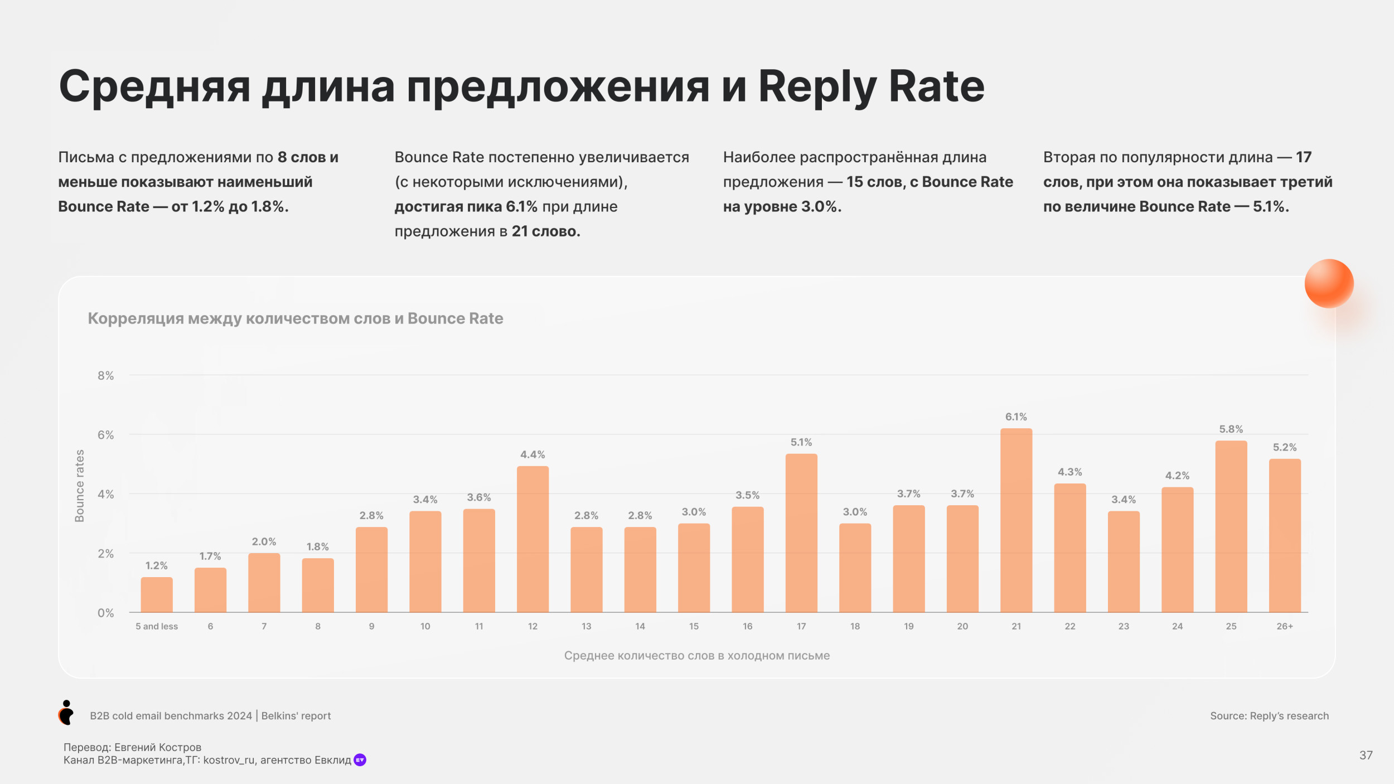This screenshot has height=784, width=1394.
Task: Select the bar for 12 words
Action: (533, 539)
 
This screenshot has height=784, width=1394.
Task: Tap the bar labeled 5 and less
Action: (157, 595)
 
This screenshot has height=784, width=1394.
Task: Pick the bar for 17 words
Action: (801, 533)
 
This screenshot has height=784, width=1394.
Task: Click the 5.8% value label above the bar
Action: (1231, 429)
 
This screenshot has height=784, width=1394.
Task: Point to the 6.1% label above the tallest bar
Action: (1016, 417)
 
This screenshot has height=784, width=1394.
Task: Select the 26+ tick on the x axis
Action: (1285, 626)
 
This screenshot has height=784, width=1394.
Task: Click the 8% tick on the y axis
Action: (105, 376)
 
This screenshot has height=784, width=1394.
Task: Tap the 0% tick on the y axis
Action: (105, 613)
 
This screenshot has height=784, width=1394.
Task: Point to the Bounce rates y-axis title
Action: (80, 486)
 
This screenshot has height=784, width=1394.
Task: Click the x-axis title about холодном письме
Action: (696, 656)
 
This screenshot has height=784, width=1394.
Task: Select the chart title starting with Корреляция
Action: (296, 318)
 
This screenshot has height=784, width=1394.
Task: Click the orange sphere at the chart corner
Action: (1329, 283)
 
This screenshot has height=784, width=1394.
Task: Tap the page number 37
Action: (1366, 755)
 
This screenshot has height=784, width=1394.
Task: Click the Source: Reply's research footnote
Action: (1269, 716)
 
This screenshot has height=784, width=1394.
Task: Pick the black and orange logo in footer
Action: (66, 713)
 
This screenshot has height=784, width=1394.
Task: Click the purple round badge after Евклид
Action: (360, 760)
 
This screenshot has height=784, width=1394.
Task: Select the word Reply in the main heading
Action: (817, 88)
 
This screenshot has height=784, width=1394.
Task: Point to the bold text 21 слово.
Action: (546, 231)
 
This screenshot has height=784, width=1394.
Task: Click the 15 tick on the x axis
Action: (694, 626)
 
